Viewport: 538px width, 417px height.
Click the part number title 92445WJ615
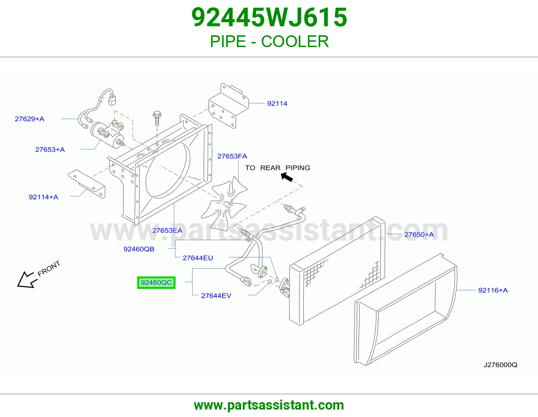point(269,17)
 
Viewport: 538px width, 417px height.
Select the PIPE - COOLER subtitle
point(269,41)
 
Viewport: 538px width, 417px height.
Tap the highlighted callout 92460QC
point(156,282)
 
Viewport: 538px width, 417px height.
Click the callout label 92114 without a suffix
point(277,104)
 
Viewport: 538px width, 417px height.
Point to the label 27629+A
point(30,119)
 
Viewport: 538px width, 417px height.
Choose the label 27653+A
point(50,150)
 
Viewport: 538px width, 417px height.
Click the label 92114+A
point(44,197)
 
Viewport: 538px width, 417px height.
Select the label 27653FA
point(232,156)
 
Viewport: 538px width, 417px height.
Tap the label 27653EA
point(167,231)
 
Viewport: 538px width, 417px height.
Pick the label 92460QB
point(139,249)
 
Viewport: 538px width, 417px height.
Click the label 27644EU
point(198,258)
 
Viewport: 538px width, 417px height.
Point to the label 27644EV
point(216,296)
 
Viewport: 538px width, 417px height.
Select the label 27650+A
point(419,234)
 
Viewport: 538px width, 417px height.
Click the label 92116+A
point(493,290)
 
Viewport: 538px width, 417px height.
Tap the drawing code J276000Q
point(500,365)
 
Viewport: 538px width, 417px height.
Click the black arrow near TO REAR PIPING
point(287,177)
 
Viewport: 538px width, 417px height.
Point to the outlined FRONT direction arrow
point(27,280)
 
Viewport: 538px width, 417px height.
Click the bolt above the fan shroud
point(157,118)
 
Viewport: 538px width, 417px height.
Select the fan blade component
point(224,203)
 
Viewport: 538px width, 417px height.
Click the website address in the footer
point(269,405)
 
